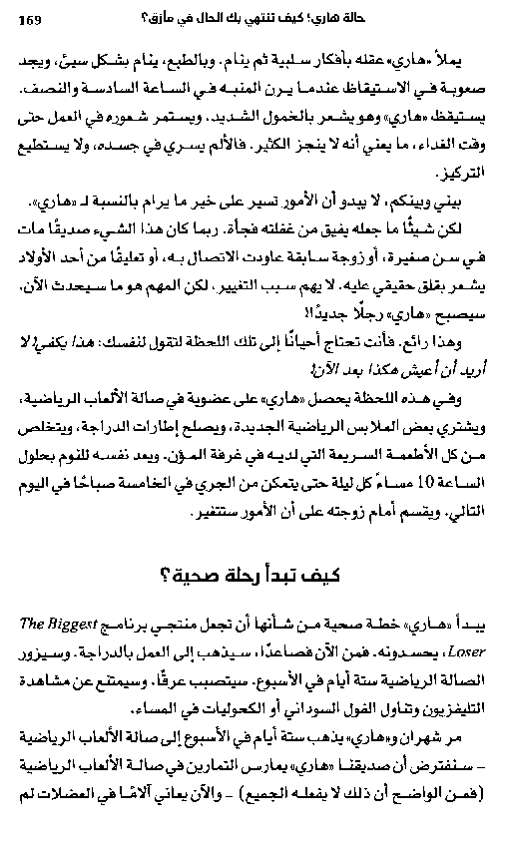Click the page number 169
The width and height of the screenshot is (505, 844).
(x=31, y=20)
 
